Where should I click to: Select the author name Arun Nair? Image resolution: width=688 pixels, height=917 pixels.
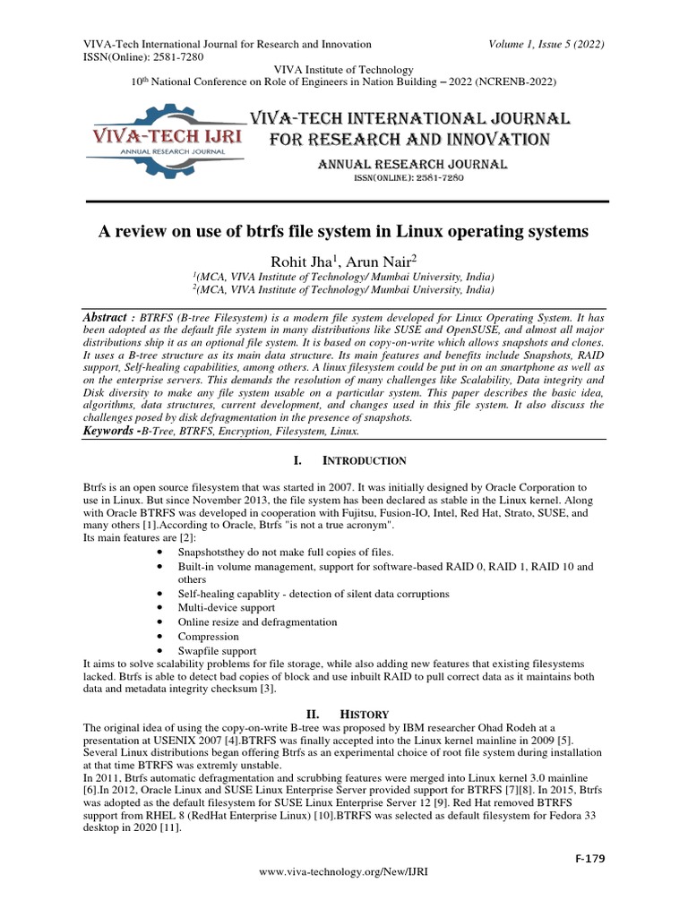[375, 261]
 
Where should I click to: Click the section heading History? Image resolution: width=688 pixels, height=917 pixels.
[363, 714]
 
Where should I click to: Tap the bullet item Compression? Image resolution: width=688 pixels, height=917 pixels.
[208, 636]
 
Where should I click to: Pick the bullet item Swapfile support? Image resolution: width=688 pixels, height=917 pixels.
[217, 650]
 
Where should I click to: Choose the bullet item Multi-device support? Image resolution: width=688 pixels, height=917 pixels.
[224, 607]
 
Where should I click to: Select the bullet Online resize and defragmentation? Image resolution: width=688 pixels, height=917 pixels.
[257, 621]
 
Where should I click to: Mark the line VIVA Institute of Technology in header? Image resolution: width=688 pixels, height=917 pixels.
[344, 69]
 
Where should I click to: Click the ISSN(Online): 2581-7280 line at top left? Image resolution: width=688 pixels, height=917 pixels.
[143, 56]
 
